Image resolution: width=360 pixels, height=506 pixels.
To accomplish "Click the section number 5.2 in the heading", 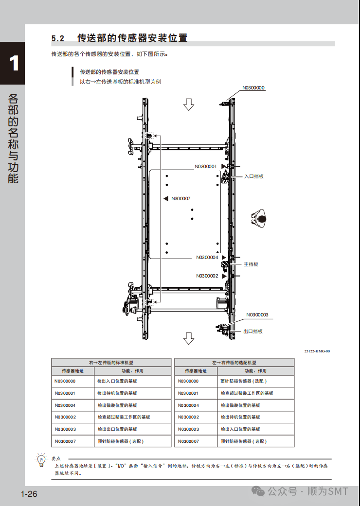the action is pos(58,38).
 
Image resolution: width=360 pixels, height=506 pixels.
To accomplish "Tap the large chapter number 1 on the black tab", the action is pos(14,64).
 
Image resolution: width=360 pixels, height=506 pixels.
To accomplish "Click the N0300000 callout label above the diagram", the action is pos(253,88).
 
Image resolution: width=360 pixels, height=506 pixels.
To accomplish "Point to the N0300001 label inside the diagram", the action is pos(206,166).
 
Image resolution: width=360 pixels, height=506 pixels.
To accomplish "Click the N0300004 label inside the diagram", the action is pos(207,257).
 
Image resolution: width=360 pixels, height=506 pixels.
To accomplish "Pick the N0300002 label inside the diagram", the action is pos(207,276).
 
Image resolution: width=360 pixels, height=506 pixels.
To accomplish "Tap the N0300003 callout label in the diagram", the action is pos(257,314).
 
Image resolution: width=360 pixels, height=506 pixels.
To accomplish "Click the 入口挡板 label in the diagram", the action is pos(253,176).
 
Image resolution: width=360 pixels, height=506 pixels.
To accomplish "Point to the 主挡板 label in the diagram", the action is pos(251,264).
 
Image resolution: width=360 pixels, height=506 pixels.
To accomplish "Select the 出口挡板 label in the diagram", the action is pos(252,331).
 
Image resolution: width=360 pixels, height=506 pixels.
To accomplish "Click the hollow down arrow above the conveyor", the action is pos(189,104).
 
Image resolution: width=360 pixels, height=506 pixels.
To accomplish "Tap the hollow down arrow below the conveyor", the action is pos(189,338).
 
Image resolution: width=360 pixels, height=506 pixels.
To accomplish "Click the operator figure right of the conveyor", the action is pos(260,218).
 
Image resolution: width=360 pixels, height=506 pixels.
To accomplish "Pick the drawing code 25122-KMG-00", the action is pos(317,351).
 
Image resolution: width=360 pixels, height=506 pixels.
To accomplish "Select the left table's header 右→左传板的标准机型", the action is pos(111,363).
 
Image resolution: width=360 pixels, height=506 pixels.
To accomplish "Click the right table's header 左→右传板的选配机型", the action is pos(234,363).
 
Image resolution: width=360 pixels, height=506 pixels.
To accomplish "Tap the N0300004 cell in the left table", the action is pos(65,405).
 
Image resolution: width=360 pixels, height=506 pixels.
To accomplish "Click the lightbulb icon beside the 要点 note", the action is pos(41,459).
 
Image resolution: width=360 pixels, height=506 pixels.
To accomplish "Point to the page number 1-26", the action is pos(29,494).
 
